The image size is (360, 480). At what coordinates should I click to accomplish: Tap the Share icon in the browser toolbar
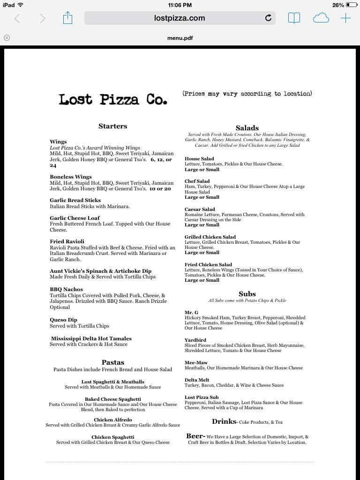click(x=68, y=18)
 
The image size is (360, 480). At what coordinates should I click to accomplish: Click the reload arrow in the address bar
click(x=268, y=18)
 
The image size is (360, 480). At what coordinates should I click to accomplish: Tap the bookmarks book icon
click(x=294, y=18)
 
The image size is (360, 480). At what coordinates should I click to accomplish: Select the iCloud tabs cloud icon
click(x=321, y=18)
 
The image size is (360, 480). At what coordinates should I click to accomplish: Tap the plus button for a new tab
click(x=345, y=18)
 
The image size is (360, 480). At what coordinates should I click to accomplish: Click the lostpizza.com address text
click(x=180, y=18)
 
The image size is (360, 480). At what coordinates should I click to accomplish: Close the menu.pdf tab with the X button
click(x=7, y=38)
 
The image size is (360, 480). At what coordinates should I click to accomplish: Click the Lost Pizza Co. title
click(x=112, y=99)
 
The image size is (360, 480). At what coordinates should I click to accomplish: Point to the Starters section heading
click(x=112, y=126)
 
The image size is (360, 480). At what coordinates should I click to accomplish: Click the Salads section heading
click(x=247, y=128)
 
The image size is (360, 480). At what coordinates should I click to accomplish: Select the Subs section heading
click(x=247, y=294)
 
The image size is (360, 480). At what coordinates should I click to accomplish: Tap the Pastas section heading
click(x=113, y=362)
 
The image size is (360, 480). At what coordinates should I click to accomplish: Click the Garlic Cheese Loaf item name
click(x=75, y=218)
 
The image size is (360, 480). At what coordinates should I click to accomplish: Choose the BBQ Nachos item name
click(x=67, y=290)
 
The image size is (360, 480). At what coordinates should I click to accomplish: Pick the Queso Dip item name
click(x=64, y=320)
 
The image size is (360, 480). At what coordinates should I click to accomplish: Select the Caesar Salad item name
click(x=200, y=210)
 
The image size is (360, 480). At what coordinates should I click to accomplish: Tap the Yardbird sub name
click(x=195, y=340)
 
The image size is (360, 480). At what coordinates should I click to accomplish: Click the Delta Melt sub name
click(x=197, y=380)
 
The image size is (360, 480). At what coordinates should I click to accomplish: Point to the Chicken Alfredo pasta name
click(x=113, y=420)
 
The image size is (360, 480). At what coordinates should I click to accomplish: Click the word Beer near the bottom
click(x=195, y=436)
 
